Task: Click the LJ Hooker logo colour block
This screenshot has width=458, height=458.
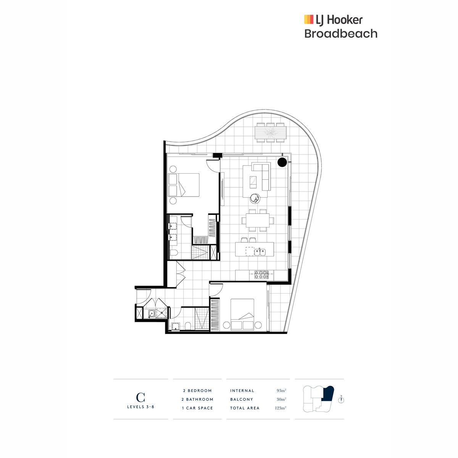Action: [x=308, y=19]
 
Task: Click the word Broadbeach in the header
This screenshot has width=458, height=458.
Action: [x=340, y=34]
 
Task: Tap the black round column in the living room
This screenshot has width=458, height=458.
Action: [x=282, y=162]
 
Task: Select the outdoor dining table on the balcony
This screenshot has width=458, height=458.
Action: [x=270, y=132]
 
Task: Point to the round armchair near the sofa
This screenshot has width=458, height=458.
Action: [x=255, y=198]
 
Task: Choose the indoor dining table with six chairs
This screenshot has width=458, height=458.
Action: [x=258, y=220]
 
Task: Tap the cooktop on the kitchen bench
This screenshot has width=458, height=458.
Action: [x=261, y=274]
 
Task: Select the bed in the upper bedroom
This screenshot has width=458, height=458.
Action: [x=184, y=185]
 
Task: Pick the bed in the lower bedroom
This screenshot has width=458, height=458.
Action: [x=242, y=314]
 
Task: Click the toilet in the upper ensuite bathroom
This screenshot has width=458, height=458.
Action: [x=173, y=253]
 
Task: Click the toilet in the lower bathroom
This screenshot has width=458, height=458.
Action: [x=187, y=326]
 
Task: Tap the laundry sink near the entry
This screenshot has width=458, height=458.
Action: [x=152, y=314]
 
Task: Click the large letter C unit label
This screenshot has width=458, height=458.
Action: [x=140, y=397]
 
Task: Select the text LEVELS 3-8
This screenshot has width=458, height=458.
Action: [x=141, y=406]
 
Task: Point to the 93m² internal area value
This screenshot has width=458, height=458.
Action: [x=281, y=390]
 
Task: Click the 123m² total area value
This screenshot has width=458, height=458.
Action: [x=281, y=408]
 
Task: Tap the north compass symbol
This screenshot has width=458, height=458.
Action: [x=341, y=400]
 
